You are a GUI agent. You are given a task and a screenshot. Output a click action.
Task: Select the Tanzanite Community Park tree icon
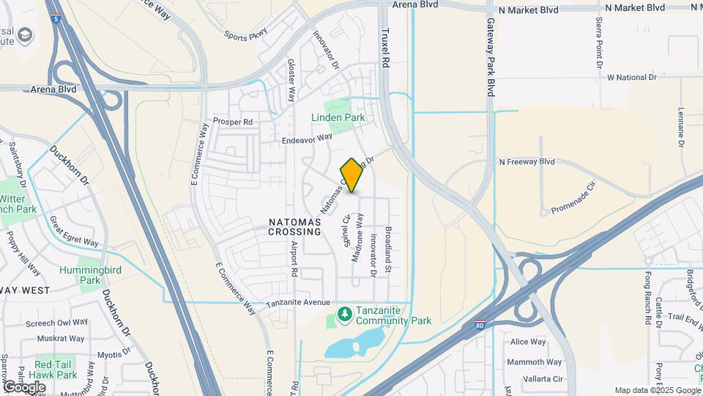[344, 314]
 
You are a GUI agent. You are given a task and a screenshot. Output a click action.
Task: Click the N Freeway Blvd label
[527, 161]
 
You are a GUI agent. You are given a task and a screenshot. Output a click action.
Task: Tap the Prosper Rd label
[232, 121]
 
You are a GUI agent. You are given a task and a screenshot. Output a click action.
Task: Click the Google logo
[24, 387]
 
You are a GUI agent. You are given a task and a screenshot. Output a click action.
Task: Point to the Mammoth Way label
[536, 362]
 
